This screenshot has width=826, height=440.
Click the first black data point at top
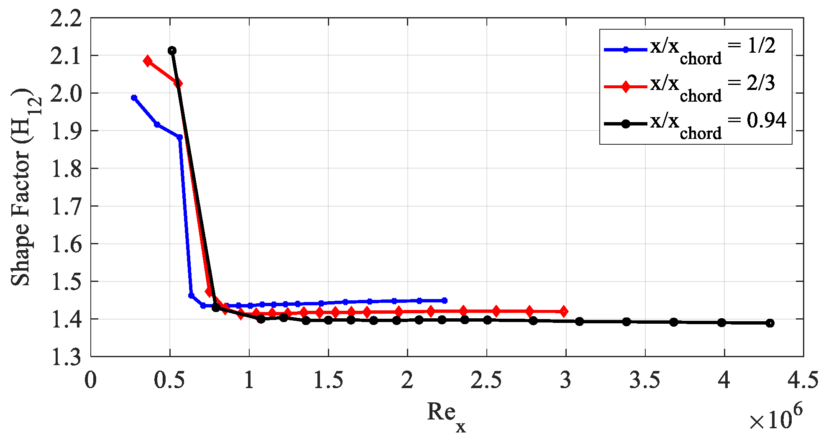(172, 51)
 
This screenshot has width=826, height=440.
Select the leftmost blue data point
(134, 98)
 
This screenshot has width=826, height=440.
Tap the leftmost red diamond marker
(147, 61)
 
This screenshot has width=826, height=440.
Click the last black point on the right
(770, 323)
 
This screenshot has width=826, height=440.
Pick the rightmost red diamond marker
(564, 311)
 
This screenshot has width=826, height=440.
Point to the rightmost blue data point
(445, 301)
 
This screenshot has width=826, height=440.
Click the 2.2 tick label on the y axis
(66, 19)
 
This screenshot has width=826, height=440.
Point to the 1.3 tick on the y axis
(66, 357)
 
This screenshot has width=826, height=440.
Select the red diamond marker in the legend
(626, 87)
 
